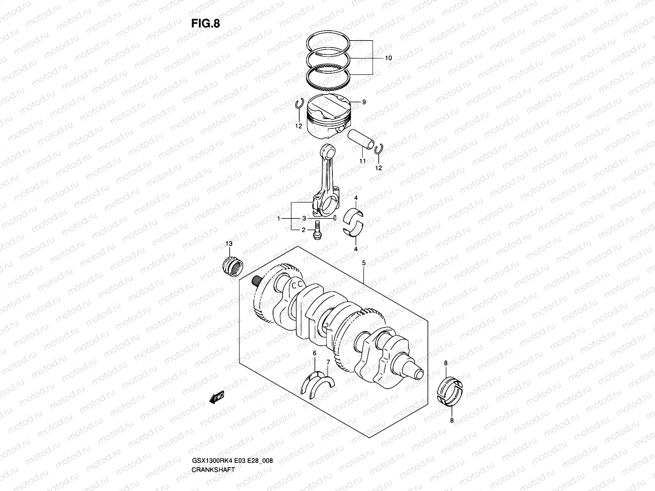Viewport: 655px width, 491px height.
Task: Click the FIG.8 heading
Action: [x=206, y=24]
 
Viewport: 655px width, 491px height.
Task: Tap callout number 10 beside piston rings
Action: [x=388, y=58]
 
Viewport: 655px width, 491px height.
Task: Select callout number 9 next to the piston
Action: [x=364, y=102]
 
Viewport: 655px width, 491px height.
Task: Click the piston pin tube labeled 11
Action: [x=361, y=139]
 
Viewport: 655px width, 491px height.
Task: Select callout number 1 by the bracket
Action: [x=279, y=219]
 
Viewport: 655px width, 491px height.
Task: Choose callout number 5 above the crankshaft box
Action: [x=364, y=263]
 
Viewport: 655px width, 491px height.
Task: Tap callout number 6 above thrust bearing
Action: [x=314, y=353]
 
